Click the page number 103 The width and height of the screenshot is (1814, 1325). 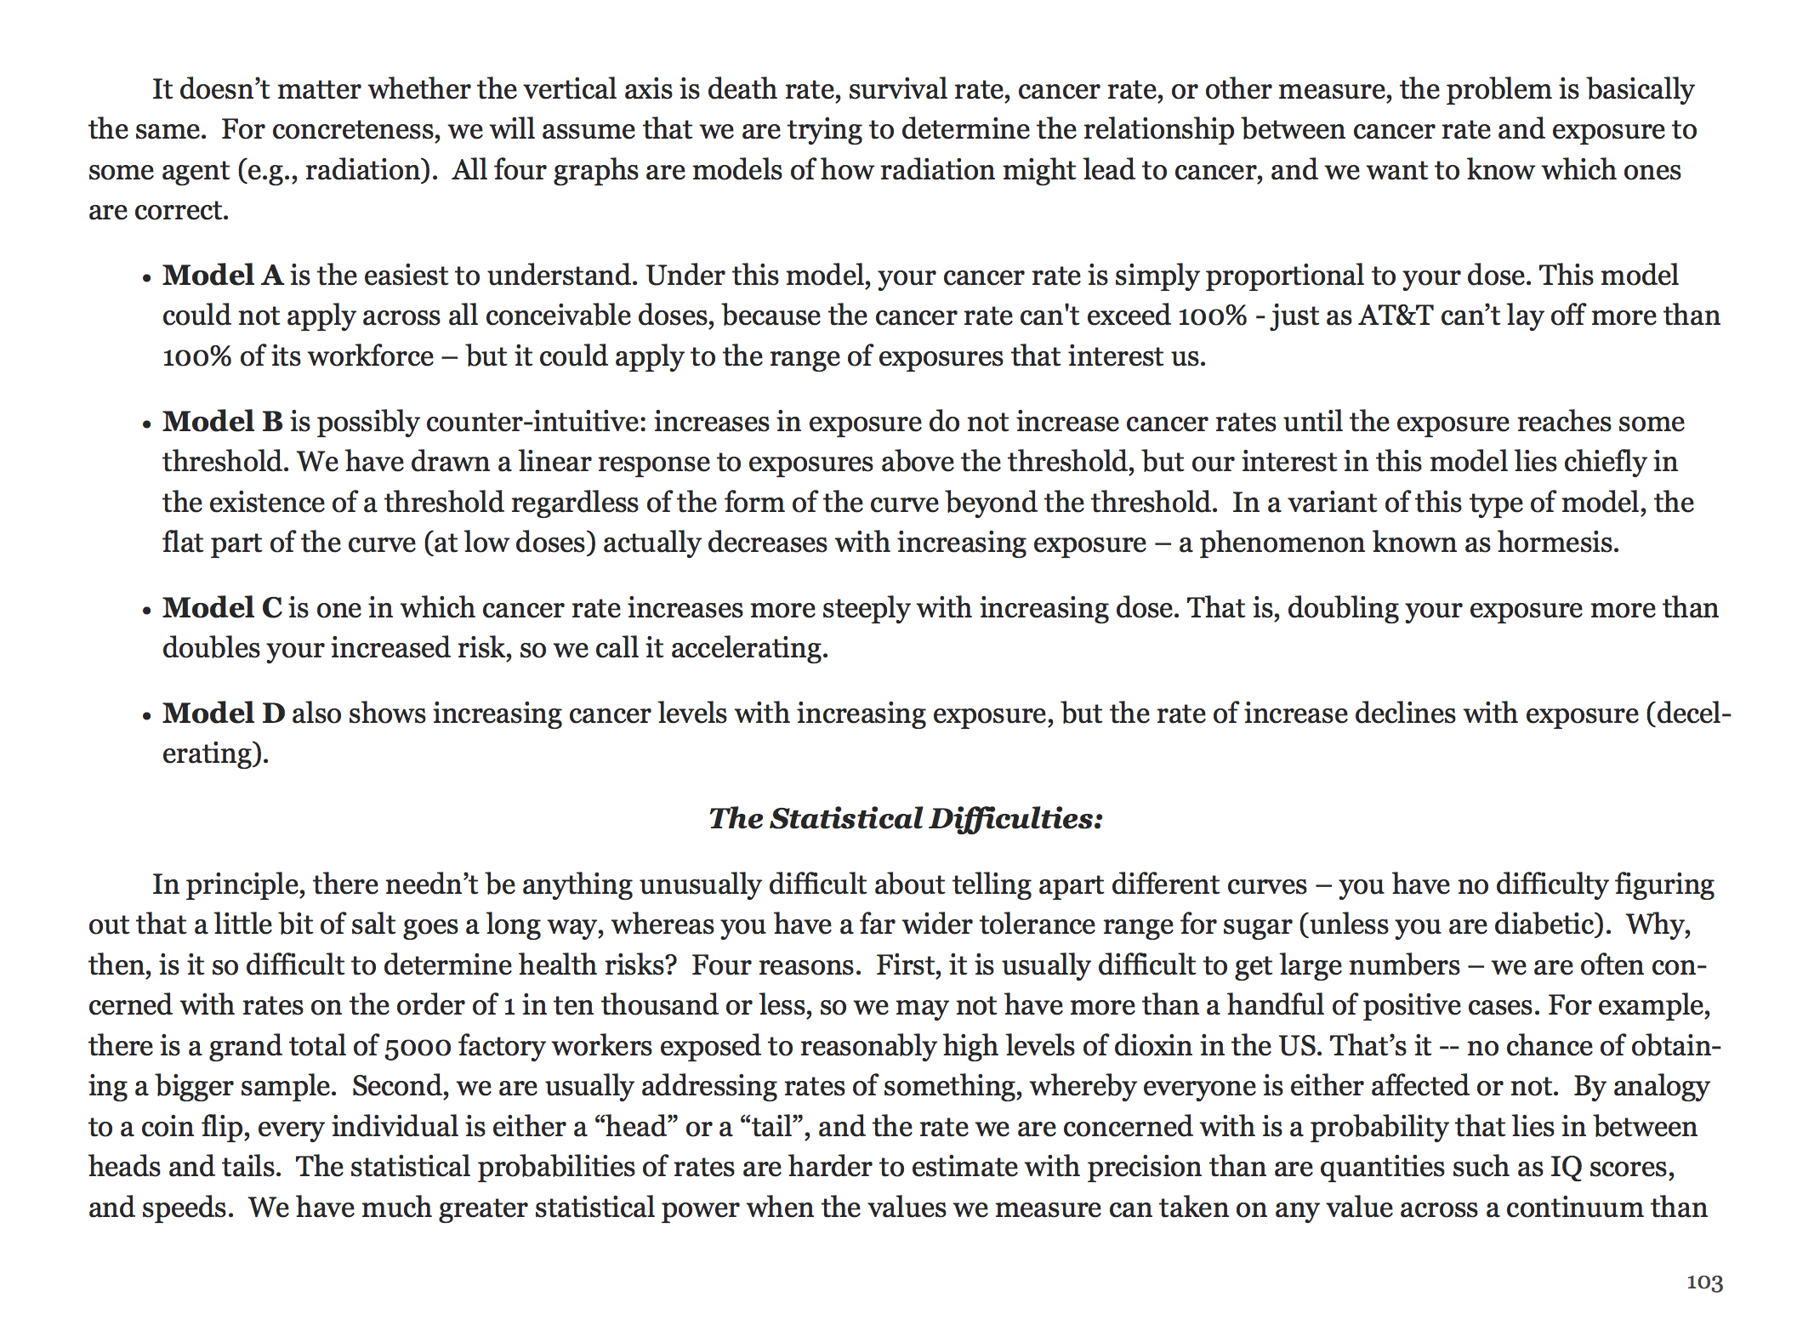pyautogui.click(x=1704, y=1282)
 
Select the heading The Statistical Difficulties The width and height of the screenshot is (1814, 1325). pyautogui.click(x=906, y=818)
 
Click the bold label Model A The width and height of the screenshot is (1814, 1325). pyautogui.click(x=223, y=276)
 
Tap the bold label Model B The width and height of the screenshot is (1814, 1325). pyautogui.click(x=223, y=422)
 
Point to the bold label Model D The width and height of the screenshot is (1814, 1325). pyautogui.click(x=224, y=713)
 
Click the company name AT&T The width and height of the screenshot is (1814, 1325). pyautogui.click(x=1396, y=316)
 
